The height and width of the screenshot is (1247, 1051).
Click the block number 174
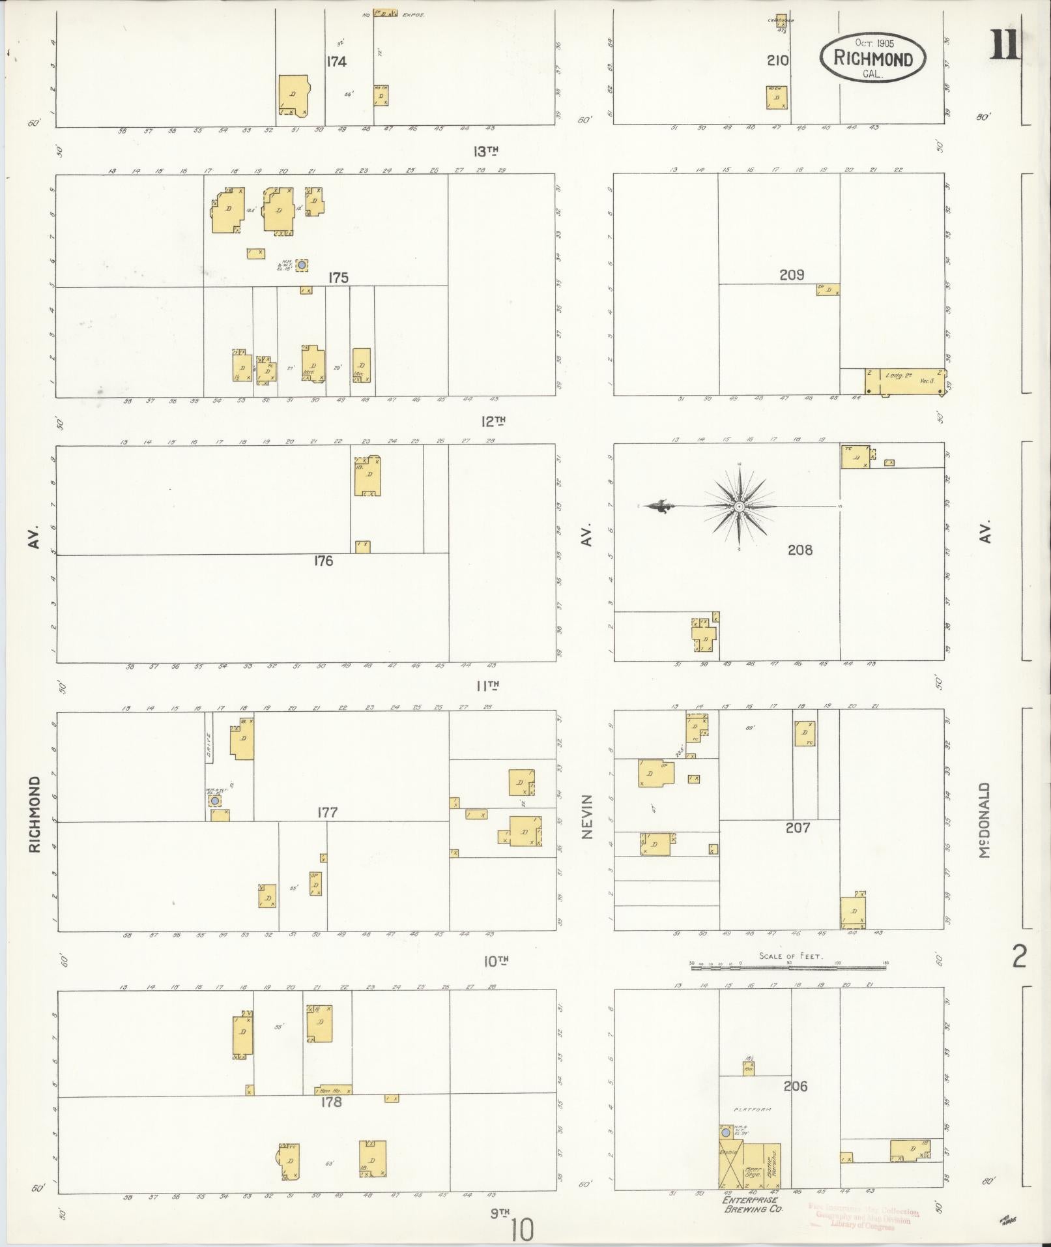pos(337,62)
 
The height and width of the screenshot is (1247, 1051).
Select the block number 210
pos(777,61)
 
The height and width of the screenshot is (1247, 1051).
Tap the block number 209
pos(792,275)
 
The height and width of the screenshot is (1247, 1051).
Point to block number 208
pos(799,550)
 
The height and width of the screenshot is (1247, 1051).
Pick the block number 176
pos(323,561)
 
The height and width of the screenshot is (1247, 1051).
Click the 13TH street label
pos(485,151)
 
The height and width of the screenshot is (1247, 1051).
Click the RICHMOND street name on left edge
pos(35,814)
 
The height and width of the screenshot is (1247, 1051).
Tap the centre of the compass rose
pos(740,506)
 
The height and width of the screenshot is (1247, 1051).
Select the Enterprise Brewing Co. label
pos(753,1204)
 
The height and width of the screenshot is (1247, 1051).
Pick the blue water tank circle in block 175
pos(301,265)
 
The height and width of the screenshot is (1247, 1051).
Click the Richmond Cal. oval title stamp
pos(872,59)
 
